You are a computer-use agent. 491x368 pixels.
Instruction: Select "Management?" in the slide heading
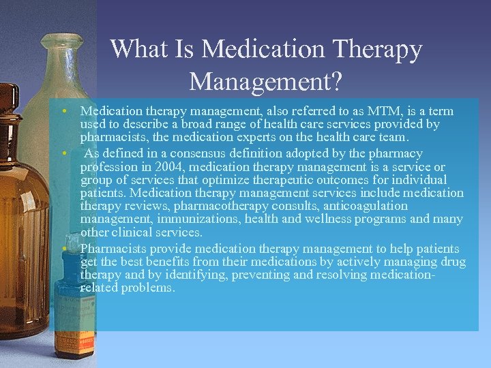(266, 82)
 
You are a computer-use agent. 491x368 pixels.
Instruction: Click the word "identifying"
(199, 275)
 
